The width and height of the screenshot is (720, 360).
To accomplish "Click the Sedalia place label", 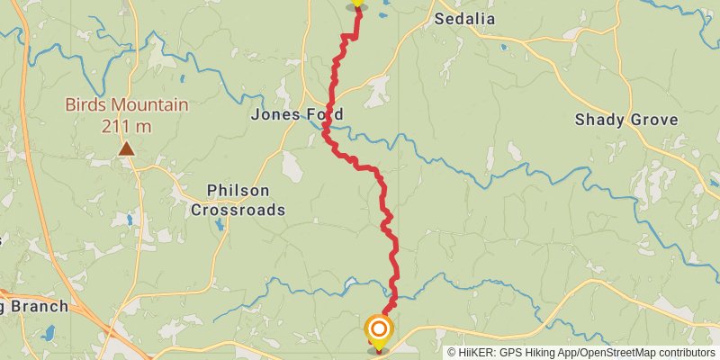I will [x=466, y=18].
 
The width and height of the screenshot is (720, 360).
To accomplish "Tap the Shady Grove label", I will [x=638, y=120].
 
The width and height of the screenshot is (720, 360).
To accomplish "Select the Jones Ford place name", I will [x=297, y=114].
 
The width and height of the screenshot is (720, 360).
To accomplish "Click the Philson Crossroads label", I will [x=238, y=200].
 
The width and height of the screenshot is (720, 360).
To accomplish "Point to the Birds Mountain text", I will [x=127, y=104].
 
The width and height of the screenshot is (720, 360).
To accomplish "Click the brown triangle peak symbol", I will [x=127, y=149].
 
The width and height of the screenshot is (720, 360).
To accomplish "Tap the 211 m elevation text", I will [x=127, y=125].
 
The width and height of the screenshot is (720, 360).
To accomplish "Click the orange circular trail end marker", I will [x=379, y=329].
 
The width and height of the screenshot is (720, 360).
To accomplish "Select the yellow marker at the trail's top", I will [x=357, y=3].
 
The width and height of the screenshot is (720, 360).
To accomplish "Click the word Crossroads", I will [x=238, y=210].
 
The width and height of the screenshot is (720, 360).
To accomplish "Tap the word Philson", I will [x=238, y=190].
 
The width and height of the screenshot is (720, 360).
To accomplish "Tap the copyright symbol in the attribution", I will [x=453, y=352].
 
